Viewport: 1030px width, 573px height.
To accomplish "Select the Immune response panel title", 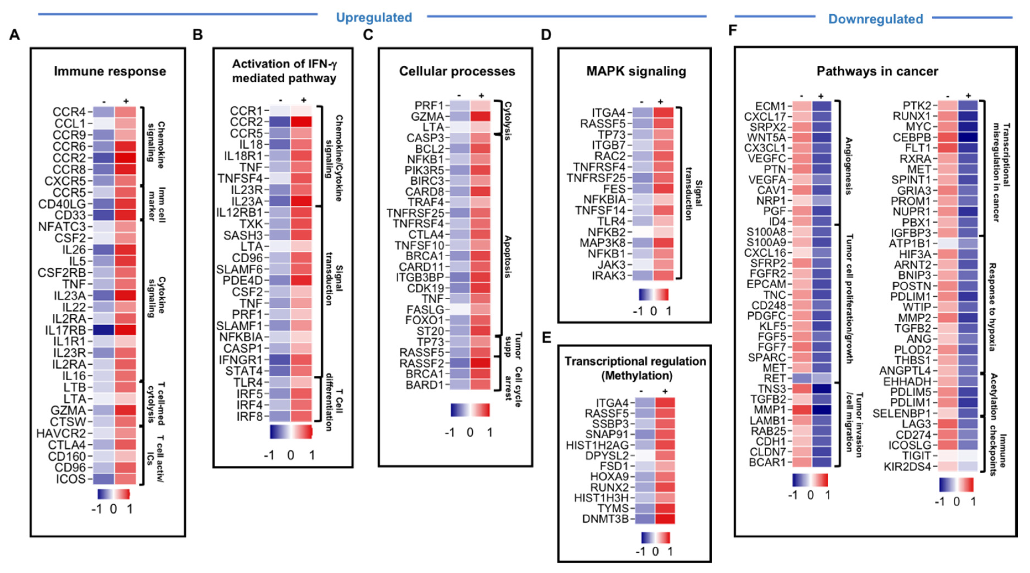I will coord(110,71).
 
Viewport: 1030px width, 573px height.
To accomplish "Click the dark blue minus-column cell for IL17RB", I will coord(104,330).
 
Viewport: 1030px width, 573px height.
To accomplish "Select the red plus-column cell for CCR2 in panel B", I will coord(301,122).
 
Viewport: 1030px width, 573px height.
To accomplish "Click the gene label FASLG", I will coord(425,310).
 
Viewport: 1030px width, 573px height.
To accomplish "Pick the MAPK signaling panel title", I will coord(636,71).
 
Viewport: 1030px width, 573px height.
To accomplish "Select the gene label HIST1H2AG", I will coord(597,445).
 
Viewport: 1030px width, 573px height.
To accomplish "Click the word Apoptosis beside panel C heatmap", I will coord(507,257).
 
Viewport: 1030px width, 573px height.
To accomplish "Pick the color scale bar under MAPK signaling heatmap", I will coord(653,295).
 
